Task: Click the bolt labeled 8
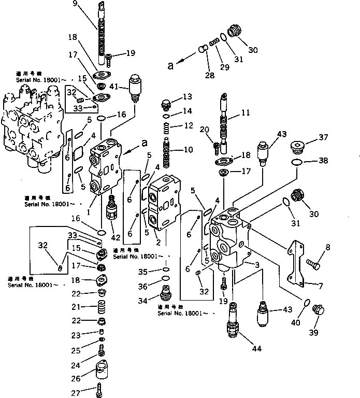pos(314,264)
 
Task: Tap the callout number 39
pos(313,332)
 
